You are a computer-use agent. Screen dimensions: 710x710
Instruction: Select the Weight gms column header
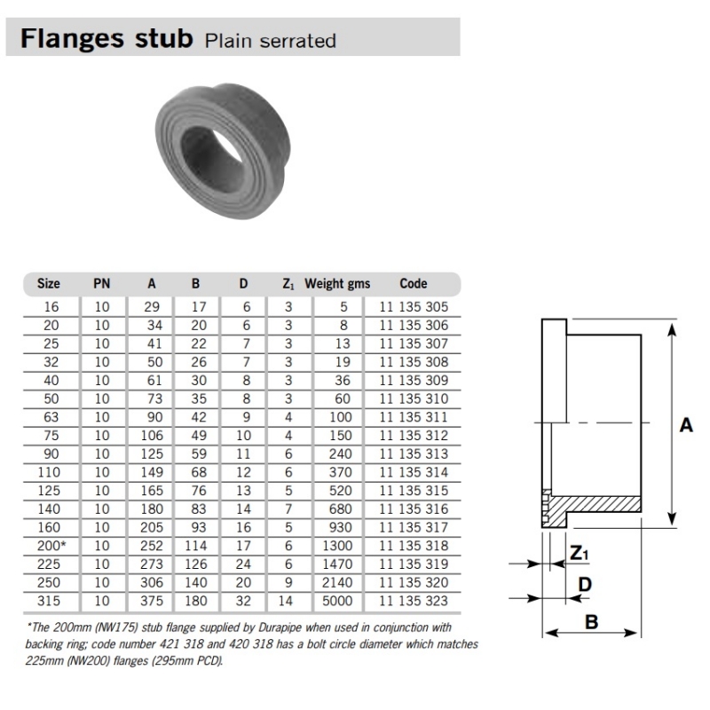point(337,284)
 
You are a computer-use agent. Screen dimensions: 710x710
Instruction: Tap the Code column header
point(414,284)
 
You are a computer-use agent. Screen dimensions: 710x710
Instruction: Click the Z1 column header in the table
point(288,284)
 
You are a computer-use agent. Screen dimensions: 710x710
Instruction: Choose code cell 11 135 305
point(414,307)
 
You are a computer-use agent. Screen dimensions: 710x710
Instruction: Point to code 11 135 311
point(414,418)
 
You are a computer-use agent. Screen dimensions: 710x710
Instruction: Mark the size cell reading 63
point(49,418)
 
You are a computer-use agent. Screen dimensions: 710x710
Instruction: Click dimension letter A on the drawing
point(684,425)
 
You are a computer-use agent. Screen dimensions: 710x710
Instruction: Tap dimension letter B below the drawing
point(591,621)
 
